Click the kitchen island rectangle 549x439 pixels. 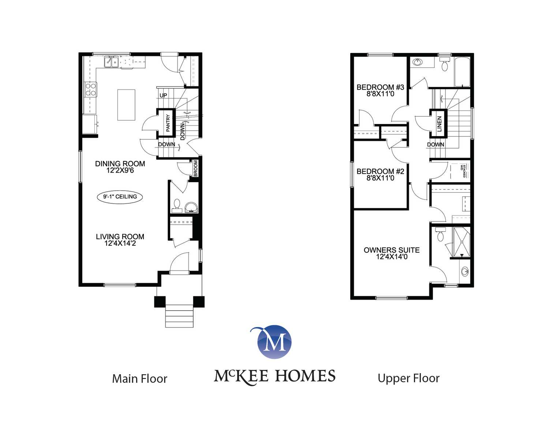(126, 105)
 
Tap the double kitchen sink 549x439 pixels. (111, 62)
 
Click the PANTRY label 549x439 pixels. (168, 123)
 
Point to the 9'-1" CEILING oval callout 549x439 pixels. (120, 197)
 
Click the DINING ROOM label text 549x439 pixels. (120, 164)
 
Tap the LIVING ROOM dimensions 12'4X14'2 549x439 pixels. (120, 243)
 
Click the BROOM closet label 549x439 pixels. (196, 168)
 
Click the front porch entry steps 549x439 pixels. (179, 316)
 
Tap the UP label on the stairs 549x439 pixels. (163, 95)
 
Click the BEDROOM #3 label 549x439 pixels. (380, 87)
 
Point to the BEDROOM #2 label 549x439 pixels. (380, 172)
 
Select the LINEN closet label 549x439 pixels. (439, 124)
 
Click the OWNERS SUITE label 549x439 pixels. (392, 250)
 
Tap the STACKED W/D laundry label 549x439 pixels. (463, 171)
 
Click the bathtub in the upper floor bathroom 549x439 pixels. (462, 72)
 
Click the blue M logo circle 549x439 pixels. (274, 342)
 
